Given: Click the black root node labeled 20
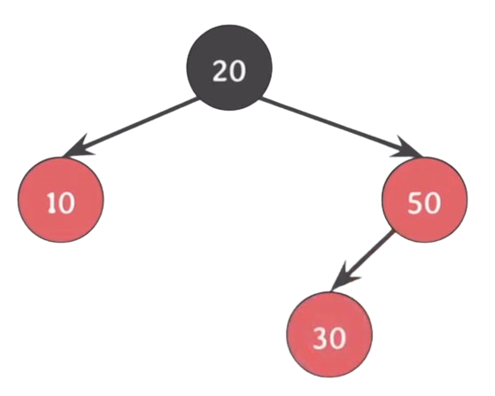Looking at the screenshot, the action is click(229, 67).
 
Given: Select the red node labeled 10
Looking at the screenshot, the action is click(60, 199).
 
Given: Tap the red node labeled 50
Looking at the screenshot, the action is click(424, 199).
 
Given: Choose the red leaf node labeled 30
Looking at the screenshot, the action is click(329, 334).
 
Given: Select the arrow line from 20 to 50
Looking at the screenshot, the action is click(340, 127).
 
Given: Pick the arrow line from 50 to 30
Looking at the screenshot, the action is click(363, 260).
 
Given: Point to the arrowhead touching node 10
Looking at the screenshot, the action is click(77, 148).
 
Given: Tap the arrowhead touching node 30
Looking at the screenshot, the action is click(344, 276).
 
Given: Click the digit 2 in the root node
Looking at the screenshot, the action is click(220, 71).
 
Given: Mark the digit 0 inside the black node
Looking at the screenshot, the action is click(237, 71).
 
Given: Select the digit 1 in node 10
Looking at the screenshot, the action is click(51, 203).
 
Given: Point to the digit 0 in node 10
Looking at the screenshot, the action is click(66, 203).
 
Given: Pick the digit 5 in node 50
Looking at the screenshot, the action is click(414, 203).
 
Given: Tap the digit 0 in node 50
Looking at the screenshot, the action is click(432, 203).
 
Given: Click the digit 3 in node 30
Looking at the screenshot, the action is click(321, 338).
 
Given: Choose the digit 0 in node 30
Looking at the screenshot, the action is click(337, 338).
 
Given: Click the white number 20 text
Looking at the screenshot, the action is click(229, 71).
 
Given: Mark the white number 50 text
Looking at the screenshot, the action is click(424, 203).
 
